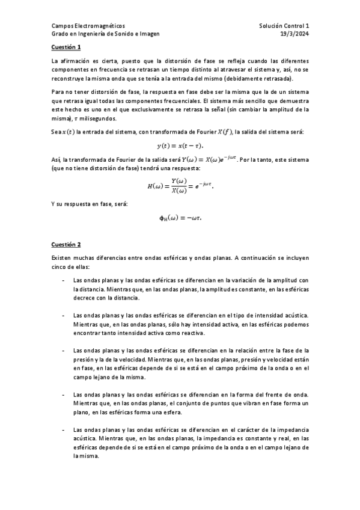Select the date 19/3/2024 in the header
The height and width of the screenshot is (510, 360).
[296, 34]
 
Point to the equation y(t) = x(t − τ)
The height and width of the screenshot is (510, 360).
[180, 146]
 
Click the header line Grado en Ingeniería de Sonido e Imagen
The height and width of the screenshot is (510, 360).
[106, 34]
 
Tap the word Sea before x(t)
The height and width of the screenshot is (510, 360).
[56, 132]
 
